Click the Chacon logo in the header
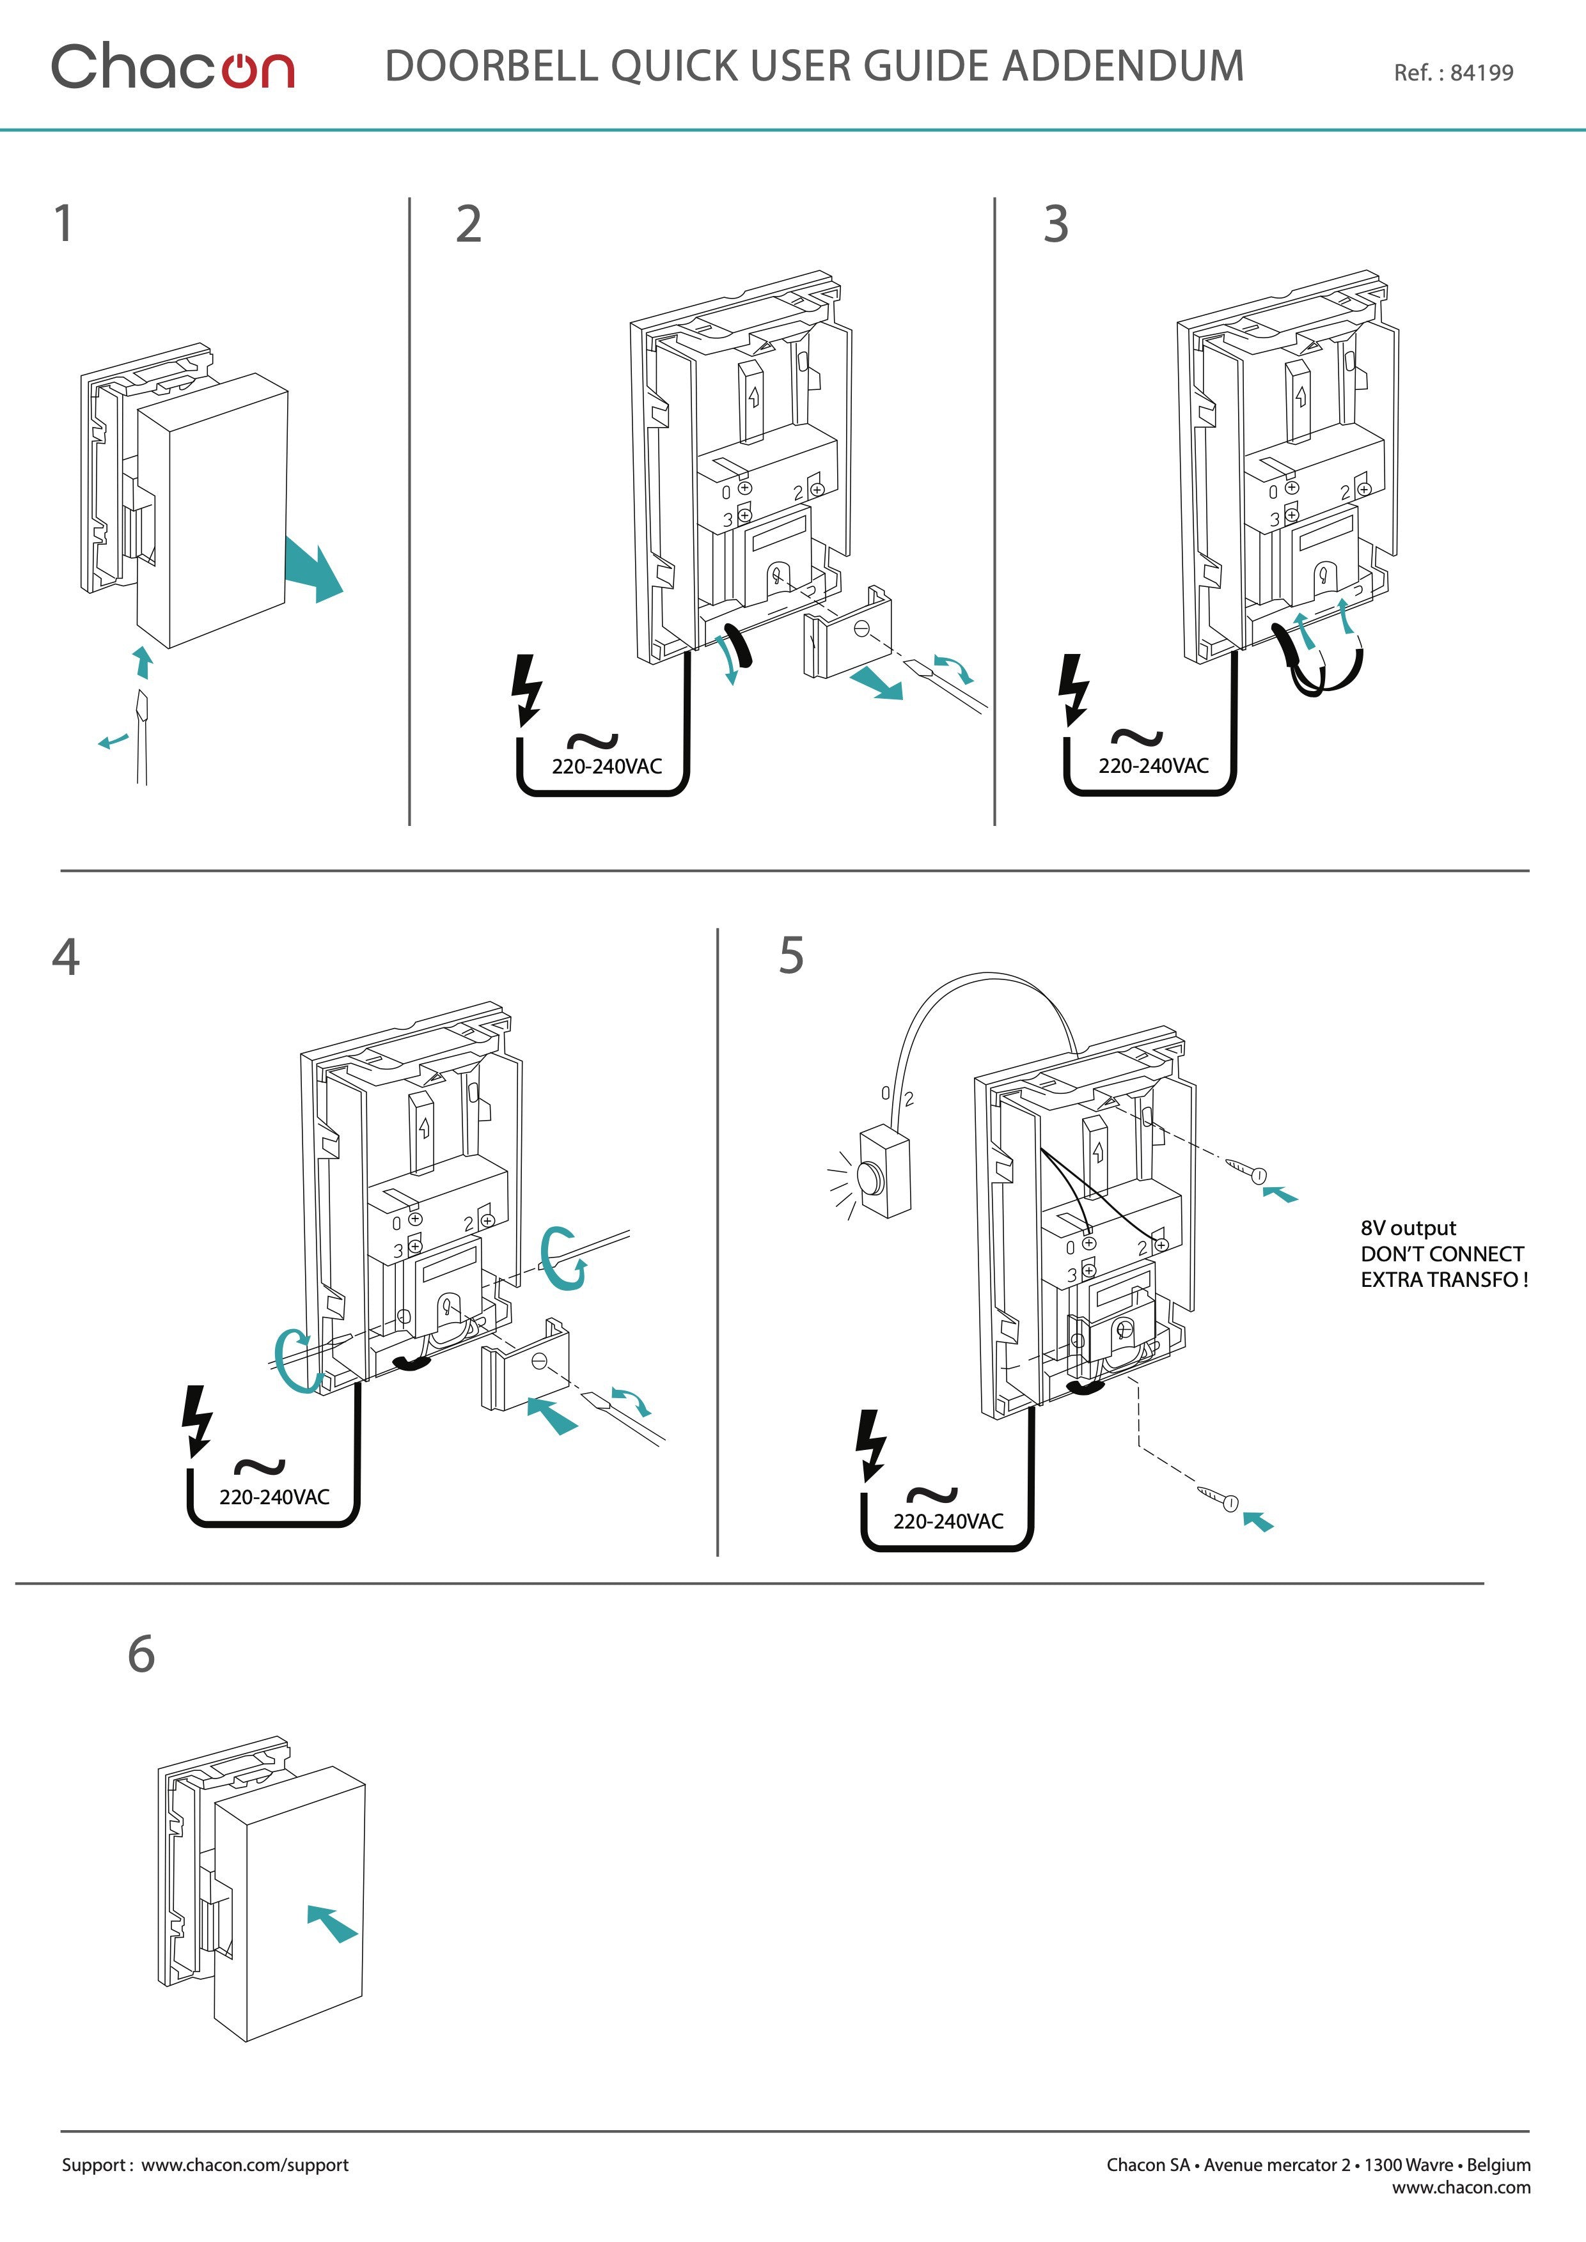tap(173, 66)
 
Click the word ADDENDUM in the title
tap(1123, 66)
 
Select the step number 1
tap(63, 224)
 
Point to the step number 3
tap(1056, 224)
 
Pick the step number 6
tap(141, 1654)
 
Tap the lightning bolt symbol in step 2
tap(528, 689)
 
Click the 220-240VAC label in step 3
tap(1153, 766)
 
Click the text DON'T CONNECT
tap(1441, 1254)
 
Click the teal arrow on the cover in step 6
tap(332, 1923)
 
